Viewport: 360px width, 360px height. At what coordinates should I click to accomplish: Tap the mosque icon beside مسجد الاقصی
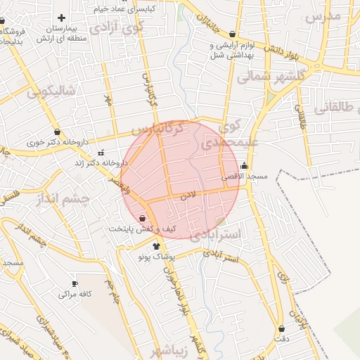[244, 167]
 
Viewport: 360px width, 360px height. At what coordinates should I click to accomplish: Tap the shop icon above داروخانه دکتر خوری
[56, 131]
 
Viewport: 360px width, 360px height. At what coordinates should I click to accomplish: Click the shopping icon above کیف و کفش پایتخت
[143, 219]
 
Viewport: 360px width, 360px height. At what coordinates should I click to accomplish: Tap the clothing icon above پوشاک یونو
[156, 246]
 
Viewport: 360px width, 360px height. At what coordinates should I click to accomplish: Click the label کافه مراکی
[77, 293]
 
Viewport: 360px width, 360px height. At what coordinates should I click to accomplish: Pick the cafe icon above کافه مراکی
[75, 283]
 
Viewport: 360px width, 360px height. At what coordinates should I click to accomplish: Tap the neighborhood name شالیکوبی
[50, 91]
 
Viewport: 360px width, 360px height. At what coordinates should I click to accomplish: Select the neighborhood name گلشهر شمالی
[271, 75]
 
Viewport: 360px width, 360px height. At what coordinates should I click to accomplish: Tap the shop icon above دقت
[282, 328]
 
